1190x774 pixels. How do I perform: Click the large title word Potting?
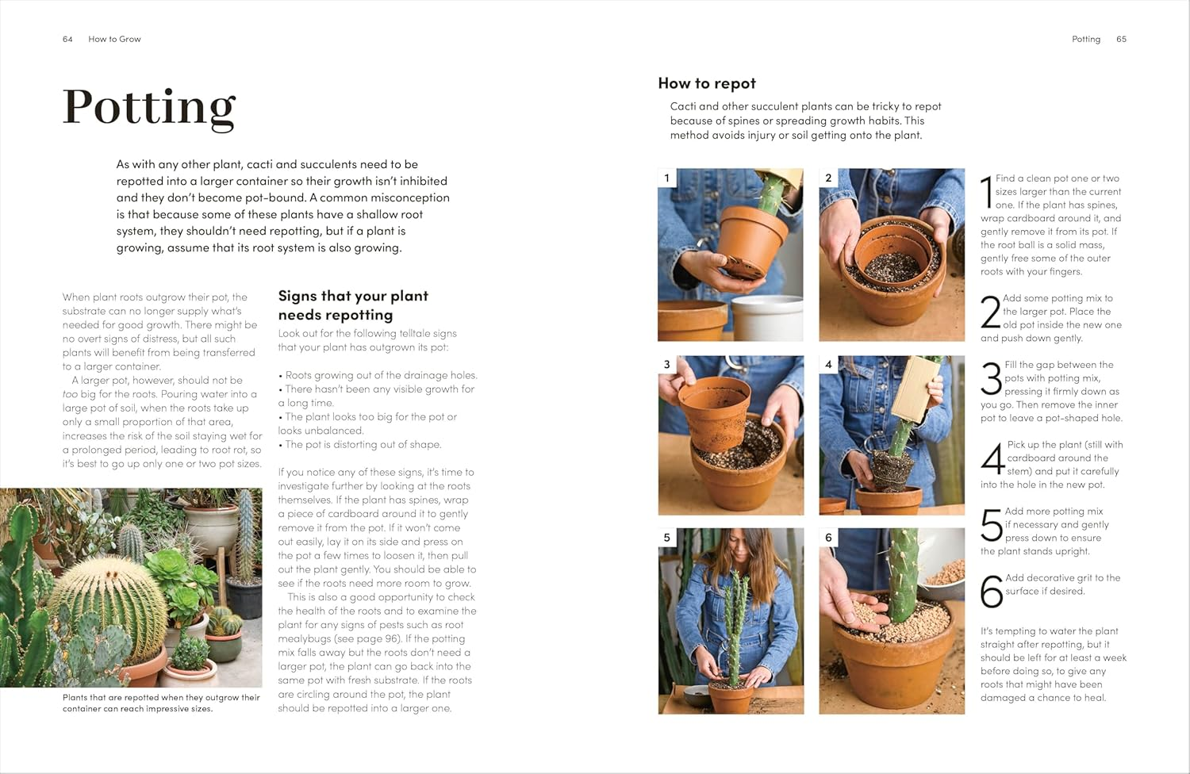[149, 107]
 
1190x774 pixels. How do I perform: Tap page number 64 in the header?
[67, 39]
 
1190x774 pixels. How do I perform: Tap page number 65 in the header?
[1121, 39]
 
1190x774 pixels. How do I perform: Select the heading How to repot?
[706, 83]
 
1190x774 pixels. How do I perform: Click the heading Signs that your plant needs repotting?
[353, 305]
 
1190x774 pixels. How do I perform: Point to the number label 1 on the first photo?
[666, 178]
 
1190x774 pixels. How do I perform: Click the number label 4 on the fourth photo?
[828, 365]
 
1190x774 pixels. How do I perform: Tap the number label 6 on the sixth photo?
[828, 538]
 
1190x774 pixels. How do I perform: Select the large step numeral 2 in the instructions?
[990, 312]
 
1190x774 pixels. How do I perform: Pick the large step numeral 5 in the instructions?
[992, 525]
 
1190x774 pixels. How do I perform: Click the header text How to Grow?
[114, 39]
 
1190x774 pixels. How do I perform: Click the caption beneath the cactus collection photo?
[161, 703]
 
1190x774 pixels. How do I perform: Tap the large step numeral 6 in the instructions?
[992, 592]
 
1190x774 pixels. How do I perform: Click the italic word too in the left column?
[71, 394]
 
